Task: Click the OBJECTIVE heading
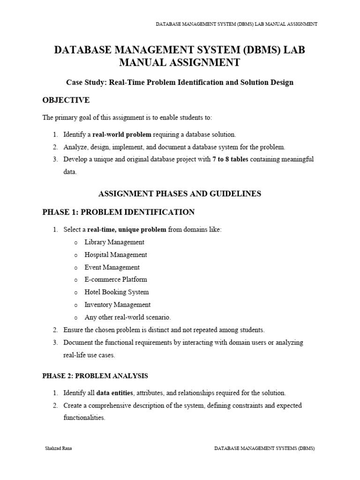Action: tap(66, 100)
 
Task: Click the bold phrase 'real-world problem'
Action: tap(122, 135)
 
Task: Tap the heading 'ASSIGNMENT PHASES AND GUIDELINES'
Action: tap(180, 194)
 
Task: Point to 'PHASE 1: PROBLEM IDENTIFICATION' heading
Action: tap(118, 212)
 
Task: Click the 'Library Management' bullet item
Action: tap(114, 242)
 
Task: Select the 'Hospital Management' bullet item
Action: tap(116, 255)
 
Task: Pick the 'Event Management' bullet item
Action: tap(112, 267)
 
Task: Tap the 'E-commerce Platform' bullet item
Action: tap(116, 279)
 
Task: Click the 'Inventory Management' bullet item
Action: tap(118, 305)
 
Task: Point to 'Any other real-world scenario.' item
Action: tap(128, 317)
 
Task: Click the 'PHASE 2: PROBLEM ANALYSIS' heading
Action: tap(95, 376)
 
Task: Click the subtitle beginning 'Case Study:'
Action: tap(180, 82)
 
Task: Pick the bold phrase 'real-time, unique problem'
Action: tap(127, 230)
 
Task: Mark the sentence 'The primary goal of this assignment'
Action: tap(127, 118)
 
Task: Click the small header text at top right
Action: tap(236, 24)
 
